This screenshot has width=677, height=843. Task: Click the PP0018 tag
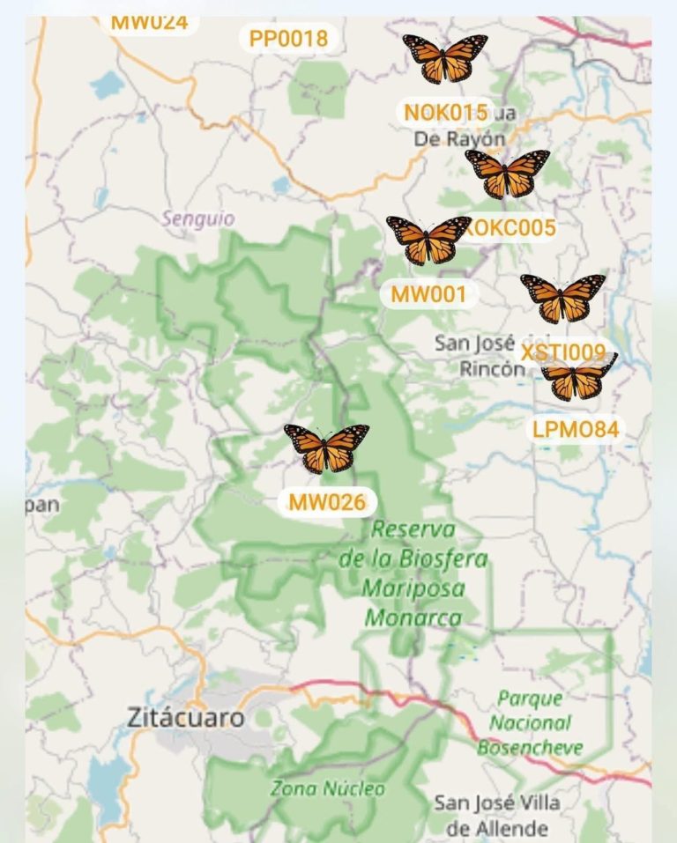288,39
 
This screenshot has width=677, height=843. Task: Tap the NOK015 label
445,113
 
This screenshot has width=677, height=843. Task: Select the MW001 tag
428,294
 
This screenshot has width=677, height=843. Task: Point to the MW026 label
327,503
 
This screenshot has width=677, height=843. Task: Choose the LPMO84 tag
576,430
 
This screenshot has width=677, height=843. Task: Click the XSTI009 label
564,353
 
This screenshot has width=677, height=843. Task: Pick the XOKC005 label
511,228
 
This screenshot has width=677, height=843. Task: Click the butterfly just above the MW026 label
326,447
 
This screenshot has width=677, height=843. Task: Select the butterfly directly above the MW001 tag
428,240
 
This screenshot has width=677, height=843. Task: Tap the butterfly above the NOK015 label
445,58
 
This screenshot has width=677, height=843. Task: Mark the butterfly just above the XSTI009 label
562,298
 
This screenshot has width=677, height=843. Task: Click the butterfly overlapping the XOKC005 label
507,174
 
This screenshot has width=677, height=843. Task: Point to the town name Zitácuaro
185,718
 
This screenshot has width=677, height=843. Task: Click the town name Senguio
198,218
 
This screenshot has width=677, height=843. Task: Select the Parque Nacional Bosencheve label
530,723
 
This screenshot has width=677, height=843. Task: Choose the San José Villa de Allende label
496,816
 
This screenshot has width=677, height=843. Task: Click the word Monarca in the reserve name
413,617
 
